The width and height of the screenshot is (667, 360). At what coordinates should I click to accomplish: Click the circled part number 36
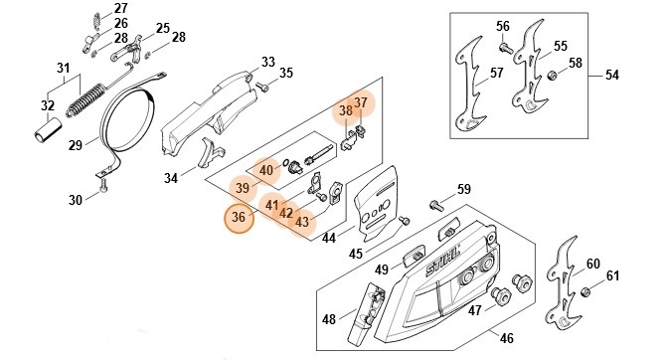tap(239, 218)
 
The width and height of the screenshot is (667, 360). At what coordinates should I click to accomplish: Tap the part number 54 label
tap(611, 76)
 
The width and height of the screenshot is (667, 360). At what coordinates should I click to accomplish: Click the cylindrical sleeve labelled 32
tap(48, 130)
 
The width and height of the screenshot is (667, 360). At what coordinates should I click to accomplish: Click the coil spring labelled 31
tap(85, 100)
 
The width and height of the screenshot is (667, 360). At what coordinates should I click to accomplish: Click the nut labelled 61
tap(585, 292)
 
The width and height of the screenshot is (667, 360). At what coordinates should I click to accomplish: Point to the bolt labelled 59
tap(436, 205)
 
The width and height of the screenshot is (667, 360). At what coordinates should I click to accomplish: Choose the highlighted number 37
tap(360, 102)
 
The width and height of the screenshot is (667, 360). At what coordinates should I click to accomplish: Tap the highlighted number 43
tap(301, 222)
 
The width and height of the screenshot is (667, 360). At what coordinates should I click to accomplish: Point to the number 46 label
tap(506, 338)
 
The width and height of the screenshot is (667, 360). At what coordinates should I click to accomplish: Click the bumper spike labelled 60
tap(563, 283)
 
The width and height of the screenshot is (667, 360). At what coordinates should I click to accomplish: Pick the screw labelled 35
tap(263, 89)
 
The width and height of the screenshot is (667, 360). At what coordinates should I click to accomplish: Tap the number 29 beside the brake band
tap(76, 145)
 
